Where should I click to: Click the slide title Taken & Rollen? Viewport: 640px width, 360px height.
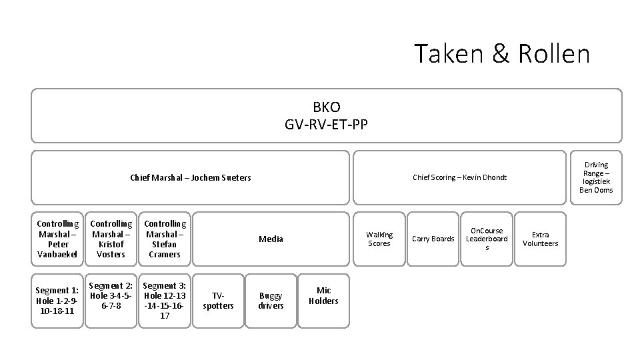(501, 54)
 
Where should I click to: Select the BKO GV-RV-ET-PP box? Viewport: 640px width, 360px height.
(326, 115)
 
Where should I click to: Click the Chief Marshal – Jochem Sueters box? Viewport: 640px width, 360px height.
(190, 177)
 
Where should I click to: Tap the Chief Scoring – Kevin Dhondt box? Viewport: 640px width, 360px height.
(459, 177)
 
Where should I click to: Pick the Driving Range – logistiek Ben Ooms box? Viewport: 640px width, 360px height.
(595, 177)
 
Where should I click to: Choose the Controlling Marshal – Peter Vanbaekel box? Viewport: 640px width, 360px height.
(57, 239)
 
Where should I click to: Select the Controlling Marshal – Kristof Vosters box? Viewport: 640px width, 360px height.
(111, 239)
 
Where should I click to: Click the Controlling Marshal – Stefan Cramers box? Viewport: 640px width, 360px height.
(165, 239)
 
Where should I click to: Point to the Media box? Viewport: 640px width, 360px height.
(271, 239)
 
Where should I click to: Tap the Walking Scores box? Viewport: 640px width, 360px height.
(379, 239)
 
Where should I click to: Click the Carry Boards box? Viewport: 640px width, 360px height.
(433, 239)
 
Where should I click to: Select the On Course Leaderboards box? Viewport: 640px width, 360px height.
(487, 239)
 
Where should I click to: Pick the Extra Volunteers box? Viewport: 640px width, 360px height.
(540, 239)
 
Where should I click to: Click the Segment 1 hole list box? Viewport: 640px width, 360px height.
(57, 301)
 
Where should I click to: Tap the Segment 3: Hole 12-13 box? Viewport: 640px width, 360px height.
(165, 301)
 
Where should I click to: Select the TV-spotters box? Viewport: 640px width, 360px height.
(218, 301)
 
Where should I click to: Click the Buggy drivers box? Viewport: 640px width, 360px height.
(271, 301)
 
